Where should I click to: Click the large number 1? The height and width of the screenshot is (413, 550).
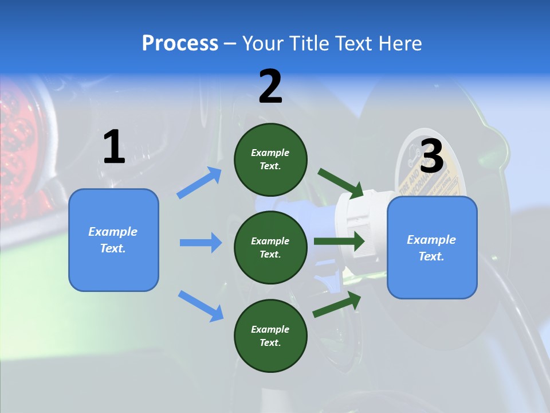pos(114,147)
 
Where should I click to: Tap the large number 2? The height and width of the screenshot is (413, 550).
pos(270,87)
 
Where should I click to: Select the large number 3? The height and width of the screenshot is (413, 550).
pos(432,156)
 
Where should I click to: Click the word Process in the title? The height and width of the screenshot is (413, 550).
pos(180,43)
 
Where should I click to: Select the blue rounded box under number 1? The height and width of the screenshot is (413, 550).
pos(113,240)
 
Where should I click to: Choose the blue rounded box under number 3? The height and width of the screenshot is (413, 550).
pos(432,248)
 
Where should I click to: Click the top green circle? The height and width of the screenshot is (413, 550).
pos(270,159)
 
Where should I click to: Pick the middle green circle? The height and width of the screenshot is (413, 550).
pos(270,247)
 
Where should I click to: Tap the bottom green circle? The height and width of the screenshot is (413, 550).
pos(270,336)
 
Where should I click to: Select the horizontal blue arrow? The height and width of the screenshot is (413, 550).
pos(201,243)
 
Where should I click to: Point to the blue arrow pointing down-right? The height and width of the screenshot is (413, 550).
pos(201,305)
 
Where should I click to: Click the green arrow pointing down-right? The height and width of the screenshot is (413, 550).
pos(340,182)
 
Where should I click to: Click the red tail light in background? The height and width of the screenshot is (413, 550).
pos(20,132)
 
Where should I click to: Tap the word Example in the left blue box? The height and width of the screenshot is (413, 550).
pos(113,232)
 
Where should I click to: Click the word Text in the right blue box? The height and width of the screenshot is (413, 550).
pos(431,256)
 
